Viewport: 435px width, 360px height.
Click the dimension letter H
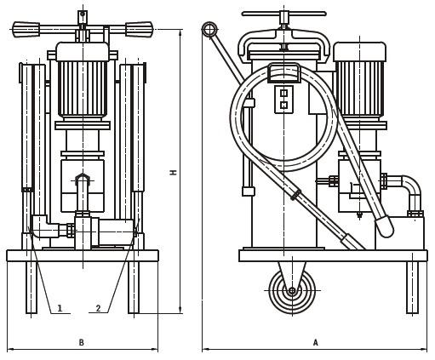pyautogui.click(x=173, y=172)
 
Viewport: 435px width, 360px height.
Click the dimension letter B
pyautogui.click(x=82, y=342)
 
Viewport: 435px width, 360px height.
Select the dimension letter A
pyautogui.click(x=315, y=342)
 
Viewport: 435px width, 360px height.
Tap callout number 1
pyautogui.click(x=60, y=308)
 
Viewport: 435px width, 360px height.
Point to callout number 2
pyautogui.click(x=98, y=308)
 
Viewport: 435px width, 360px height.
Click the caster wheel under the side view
pyautogui.click(x=292, y=290)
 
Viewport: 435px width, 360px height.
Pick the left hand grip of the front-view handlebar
pyautogui.click(x=26, y=29)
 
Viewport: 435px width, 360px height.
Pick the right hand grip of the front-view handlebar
pyautogui.click(x=139, y=29)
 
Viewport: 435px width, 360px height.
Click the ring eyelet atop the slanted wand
pyautogui.click(x=209, y=30)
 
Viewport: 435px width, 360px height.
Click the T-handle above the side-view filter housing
pyautogui.click(x=283, y=14)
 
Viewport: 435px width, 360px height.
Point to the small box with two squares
pyautogui.click(x=283, y=99)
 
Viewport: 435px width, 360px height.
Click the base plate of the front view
pyautogui.click(x=83, y=255)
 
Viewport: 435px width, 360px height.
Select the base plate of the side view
pyautogui.click(x=332, y=255)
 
